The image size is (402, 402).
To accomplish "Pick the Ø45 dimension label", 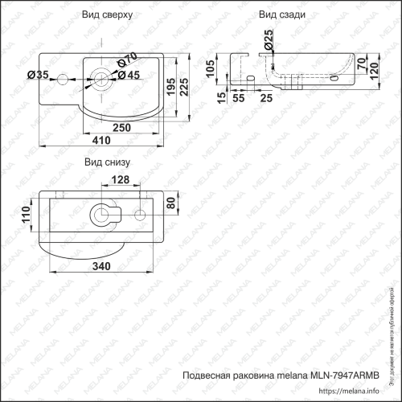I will pos(129,75).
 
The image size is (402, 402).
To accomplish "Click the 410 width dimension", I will pos(100,140).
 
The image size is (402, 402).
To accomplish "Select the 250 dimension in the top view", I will pos(122,127).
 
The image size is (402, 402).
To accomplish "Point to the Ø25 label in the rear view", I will pos(268,38).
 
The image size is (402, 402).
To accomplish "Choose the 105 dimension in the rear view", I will pos(211,73).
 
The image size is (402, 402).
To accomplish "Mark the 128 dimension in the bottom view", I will pos(120,179).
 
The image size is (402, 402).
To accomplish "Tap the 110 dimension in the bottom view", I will pos(26,214).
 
